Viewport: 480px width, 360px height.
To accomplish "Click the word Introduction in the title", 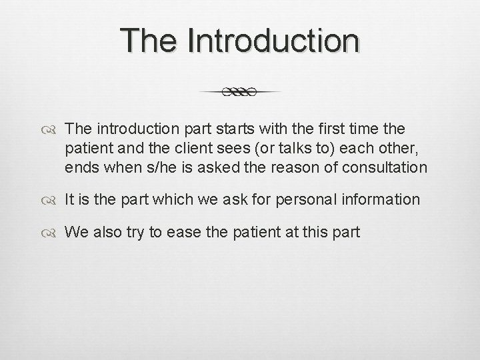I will point(274,41).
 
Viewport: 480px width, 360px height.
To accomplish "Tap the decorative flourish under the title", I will point(239,92).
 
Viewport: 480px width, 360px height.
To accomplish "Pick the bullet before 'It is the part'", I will point(53,199).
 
